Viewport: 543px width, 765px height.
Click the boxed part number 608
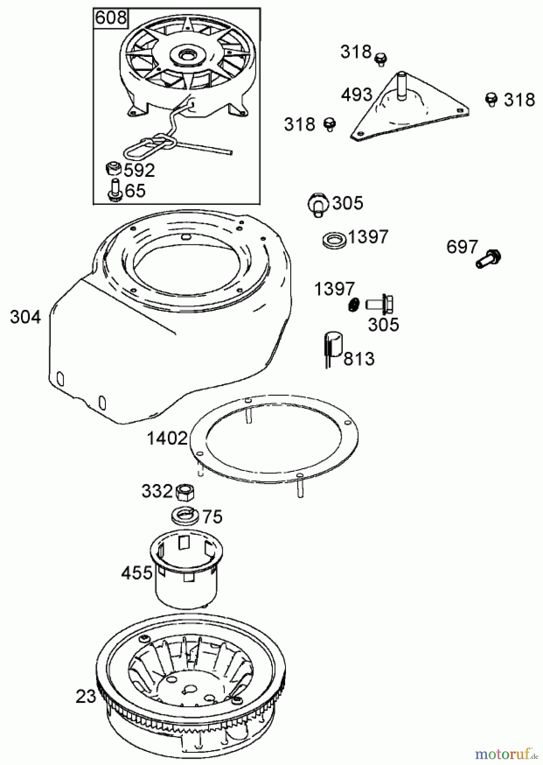pyautogui.click(x=111, y=18)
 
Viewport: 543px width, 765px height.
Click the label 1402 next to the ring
pyautogui.click(x=167, y=438)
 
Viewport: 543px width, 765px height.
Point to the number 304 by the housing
pyautogui.click(x=25, y=317)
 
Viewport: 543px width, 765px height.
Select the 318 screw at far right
pyautogui.click(x=491, y=99)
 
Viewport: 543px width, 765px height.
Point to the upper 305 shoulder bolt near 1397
pyautogui.click(x=317, y=204)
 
